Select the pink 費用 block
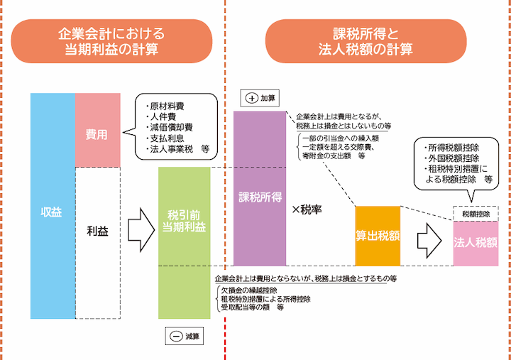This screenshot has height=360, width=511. click(97, 131)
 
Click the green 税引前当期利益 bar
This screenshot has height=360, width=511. click(185, 241)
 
